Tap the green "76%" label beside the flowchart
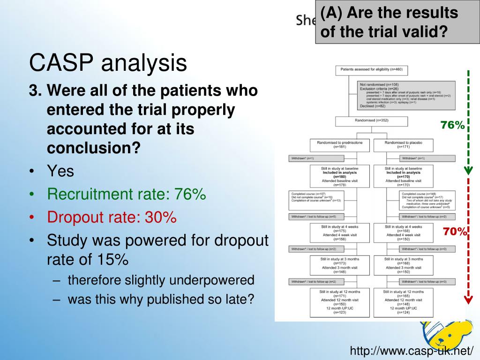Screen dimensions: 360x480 tap(452, 125)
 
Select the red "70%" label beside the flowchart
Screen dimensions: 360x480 tap(455, 231)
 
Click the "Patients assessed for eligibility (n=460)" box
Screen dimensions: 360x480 tap(372, 70)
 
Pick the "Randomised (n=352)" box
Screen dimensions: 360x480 tap(372, 121)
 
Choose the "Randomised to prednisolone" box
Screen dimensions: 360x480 tap(339, 144)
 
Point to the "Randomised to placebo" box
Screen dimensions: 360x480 tap(403, 144)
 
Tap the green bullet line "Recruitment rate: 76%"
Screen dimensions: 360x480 tap(127, 194)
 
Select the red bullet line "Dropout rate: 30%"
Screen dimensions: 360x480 tap(112, 217)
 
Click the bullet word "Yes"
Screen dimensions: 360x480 tap(60, 171)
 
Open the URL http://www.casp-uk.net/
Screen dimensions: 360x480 tap(412, 351)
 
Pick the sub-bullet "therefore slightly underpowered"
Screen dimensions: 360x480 tap(161, 280)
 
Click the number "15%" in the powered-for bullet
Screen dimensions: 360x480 tap(112, 259)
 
